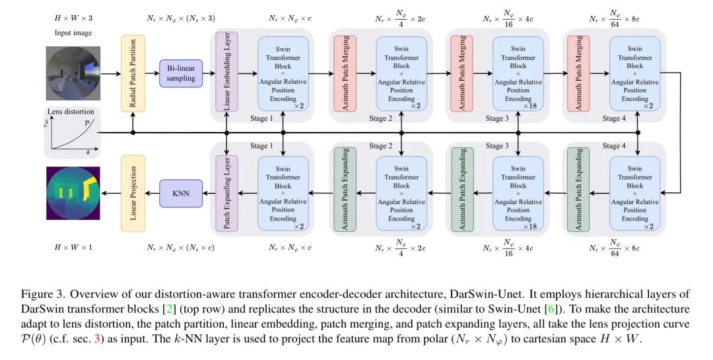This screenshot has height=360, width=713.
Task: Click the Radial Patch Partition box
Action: click(133, 73)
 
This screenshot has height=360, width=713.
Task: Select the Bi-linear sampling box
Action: click(180, 73)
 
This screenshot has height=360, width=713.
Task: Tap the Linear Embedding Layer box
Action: click(226, 73)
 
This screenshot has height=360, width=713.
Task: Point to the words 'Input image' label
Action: click(73, 32)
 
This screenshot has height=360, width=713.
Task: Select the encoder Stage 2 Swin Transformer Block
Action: click(401, 73)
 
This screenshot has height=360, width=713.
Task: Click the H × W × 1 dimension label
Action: click(73, 247)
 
